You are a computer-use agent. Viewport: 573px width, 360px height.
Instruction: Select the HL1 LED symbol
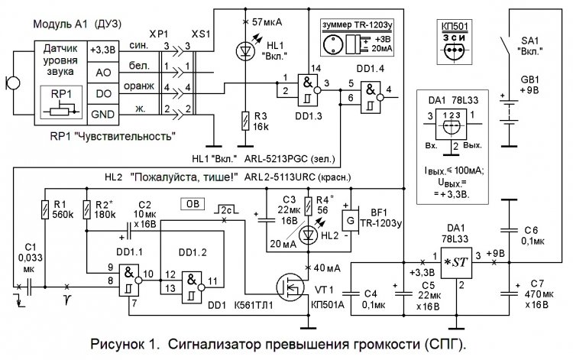point(244,51)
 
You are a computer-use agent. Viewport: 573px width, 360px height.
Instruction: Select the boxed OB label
point(191,204)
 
